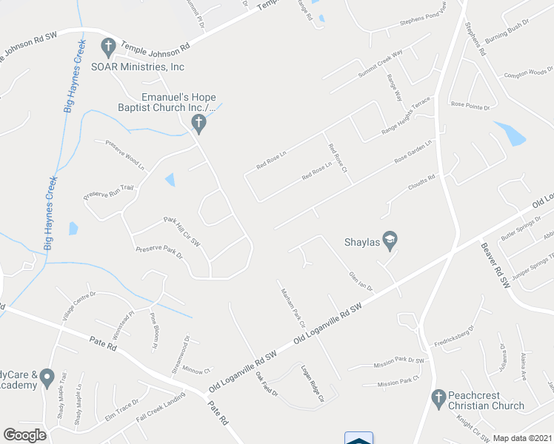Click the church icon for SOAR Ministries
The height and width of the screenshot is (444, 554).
(x=107, y=47)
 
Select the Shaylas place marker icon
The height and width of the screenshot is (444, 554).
(x=390, y=240)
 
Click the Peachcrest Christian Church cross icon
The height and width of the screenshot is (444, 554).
(x=438, y=400)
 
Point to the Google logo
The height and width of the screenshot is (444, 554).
(x=25, y=435)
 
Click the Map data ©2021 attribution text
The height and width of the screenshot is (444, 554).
(x=522, y=438)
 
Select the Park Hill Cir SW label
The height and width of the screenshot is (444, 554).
(x=181, y=232)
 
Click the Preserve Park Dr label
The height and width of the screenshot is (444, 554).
(x=158, y=252)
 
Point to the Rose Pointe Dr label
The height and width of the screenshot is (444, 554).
(x=470, y=107)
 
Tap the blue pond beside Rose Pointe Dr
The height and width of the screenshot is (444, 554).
(x=510, y=133)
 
